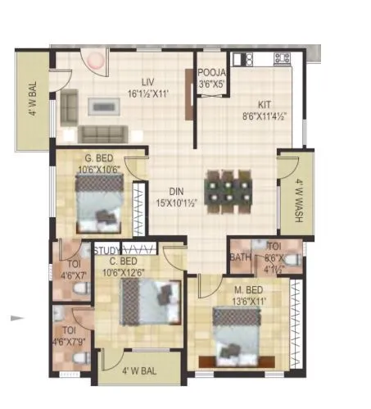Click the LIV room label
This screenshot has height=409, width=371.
point(148,81)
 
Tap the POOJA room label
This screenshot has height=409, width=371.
point(211,71)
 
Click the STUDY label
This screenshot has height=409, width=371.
point(106,251)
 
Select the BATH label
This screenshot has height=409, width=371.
point(241,257)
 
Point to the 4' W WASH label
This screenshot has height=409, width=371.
point(300,201)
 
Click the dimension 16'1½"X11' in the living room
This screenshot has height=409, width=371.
point(148,93)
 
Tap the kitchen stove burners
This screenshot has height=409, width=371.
point(282,58)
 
